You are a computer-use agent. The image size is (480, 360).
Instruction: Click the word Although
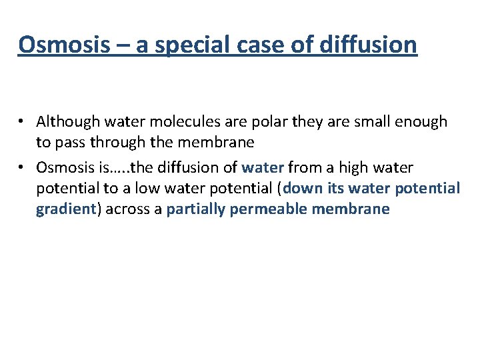click(65, 122)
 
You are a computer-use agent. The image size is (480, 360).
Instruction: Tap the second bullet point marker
click(23, 167)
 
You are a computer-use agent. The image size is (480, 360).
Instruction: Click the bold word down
click(303, 188)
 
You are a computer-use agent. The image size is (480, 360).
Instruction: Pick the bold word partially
click(195, 209)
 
